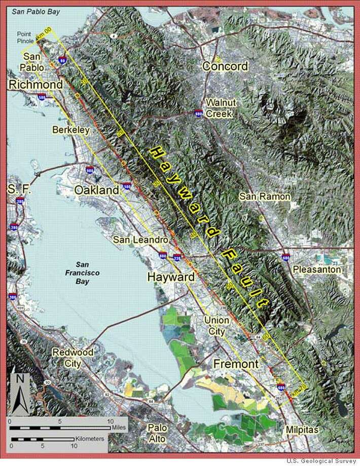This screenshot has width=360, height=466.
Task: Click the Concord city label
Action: [x=225, y=66]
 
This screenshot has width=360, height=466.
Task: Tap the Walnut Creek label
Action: [x=220, y=108]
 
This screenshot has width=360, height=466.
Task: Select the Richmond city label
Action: [x=35, y=85]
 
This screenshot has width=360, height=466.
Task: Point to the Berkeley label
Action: [x=70, y=130]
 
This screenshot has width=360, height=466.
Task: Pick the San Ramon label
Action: [x=265, y=196]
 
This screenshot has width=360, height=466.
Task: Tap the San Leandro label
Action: [x=140, y=239]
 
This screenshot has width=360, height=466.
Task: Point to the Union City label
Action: [x=216, y=325]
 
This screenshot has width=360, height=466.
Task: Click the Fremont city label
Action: [x=236, y=364]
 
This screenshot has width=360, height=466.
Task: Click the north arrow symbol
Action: [x=20, y=393]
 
